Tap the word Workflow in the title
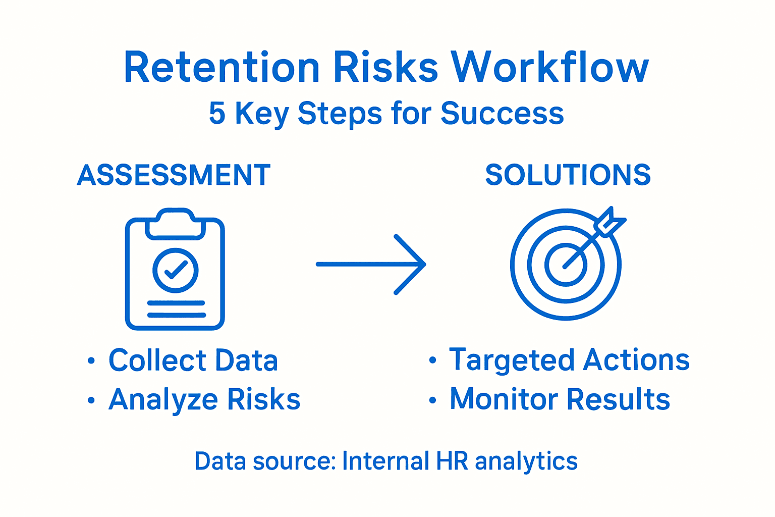(x=549, y=68)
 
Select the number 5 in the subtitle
(x=217, y=113)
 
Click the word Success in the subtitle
(x=502, y=113)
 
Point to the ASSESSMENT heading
(x=174, y=175)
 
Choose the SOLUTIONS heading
(x=568, y=175)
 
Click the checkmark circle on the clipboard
(x=175, y=270)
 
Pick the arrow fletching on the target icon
(x=609, y=223)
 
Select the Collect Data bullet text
(x=193, y=360)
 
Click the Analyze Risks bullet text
(x=204, y=399)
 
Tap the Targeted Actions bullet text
(x=569, y=360)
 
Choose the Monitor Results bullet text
(x=560, y=399)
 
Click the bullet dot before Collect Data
(x=91, y=361)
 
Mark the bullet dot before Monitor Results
(x=432, y=400)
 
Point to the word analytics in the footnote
(x=526, y=461)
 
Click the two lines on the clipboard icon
(x=176, y=309)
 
